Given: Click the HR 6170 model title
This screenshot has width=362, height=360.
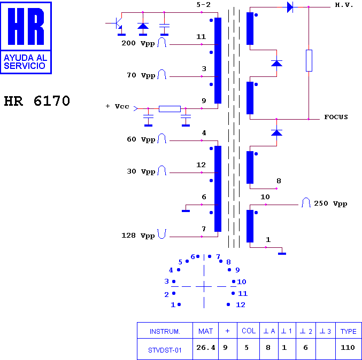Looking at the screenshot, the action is (37, 101).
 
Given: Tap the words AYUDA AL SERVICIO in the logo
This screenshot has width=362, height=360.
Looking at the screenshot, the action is (25, 62).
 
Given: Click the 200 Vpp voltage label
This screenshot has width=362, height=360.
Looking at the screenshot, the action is (138, 43).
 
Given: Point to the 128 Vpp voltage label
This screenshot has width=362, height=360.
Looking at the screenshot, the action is (138, 236).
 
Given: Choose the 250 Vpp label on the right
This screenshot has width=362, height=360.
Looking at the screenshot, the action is (330, 204).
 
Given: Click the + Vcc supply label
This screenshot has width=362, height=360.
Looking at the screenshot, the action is (117, 106).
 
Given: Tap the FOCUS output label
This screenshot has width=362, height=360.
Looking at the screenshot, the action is (336, 117).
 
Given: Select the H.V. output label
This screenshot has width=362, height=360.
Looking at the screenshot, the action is (344, 5).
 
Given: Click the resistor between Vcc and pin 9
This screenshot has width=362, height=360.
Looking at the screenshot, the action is (170, 109).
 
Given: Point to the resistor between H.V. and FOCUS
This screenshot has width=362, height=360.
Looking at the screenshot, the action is (309, 61).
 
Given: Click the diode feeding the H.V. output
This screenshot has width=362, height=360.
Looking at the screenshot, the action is (290, 7).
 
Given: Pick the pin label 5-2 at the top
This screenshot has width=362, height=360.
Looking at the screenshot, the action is (203, 5).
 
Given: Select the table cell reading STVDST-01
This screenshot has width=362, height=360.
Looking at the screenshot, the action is (165, 350).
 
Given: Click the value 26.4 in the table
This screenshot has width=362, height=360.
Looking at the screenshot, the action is (206, 348).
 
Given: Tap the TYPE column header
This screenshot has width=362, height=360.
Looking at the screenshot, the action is (349, 331).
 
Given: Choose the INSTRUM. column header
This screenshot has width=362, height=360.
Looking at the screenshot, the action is (165, 332).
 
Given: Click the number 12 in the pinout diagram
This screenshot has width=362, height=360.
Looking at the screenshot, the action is (240, 305).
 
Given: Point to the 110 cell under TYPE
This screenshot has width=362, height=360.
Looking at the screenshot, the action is (348, 348).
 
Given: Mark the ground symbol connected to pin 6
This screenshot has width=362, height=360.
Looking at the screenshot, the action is (186, 211).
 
